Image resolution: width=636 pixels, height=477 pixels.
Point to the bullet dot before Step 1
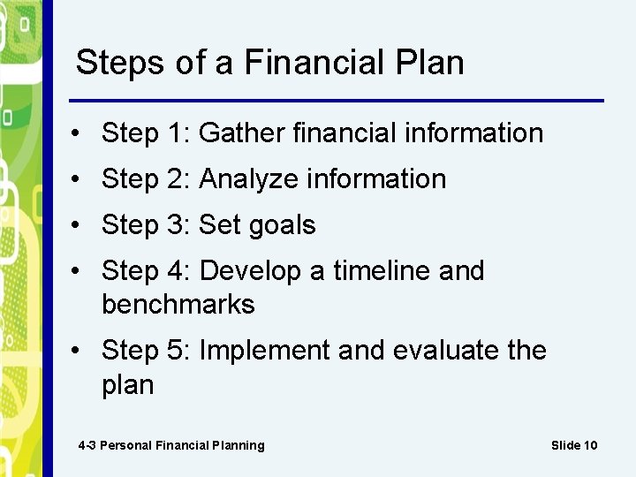pos(79,133)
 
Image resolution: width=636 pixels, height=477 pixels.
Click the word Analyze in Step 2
pos(249,178)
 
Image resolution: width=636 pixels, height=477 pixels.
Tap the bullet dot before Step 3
pos(79,225)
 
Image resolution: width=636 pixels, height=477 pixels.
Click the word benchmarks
pos(178,304)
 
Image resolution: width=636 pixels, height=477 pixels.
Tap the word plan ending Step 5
pos(127,385)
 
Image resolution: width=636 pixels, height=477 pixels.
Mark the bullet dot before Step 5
pos(79,351)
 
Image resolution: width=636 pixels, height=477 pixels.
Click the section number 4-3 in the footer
pos(87,445)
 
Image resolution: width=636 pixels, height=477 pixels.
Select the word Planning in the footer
pos(236,445)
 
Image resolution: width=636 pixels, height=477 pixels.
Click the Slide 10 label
pos(574,445)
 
